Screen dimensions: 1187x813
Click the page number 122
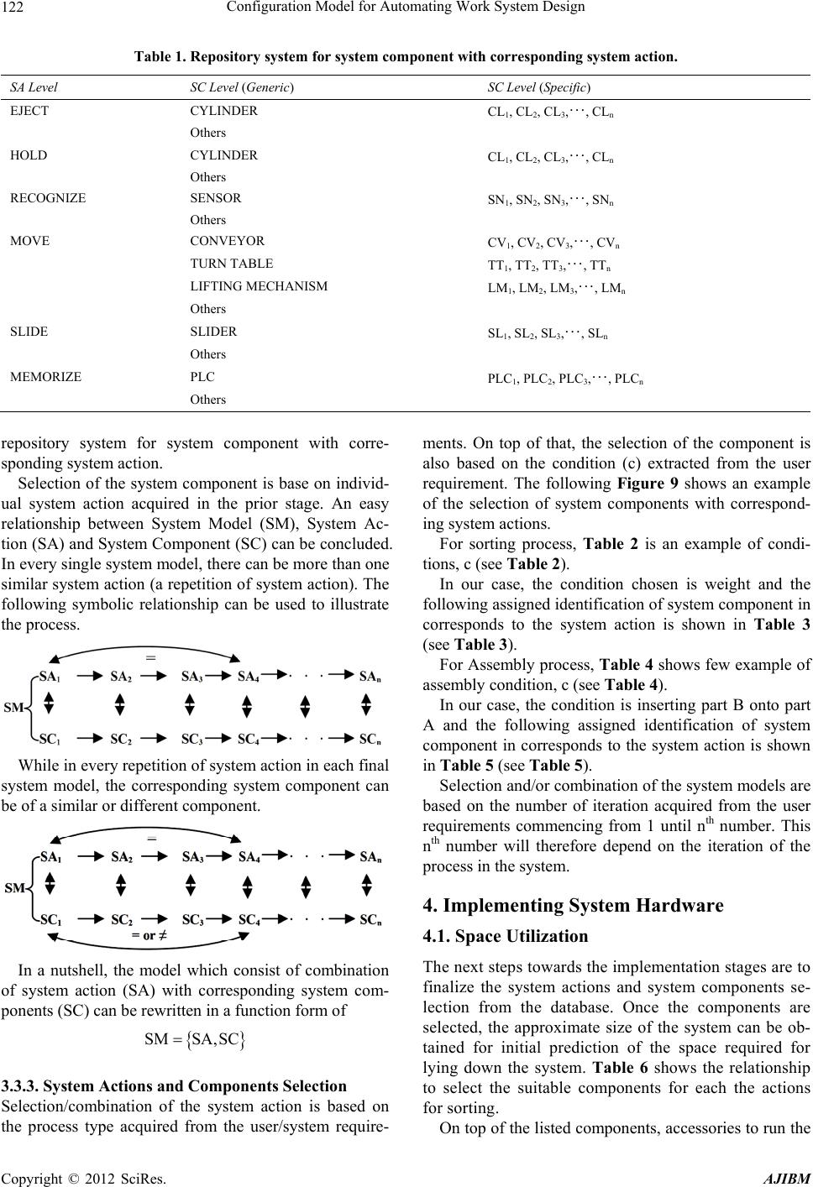coord(18,10)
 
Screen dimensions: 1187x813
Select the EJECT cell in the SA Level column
coord(29,111)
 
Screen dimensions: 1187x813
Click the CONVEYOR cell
coord(228,240)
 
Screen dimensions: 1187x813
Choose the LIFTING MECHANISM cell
coord(259,286)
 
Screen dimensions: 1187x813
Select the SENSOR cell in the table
coord(216,198)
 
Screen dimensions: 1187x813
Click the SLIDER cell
coord(213,331)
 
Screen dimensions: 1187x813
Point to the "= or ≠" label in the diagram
coord(149,933)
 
